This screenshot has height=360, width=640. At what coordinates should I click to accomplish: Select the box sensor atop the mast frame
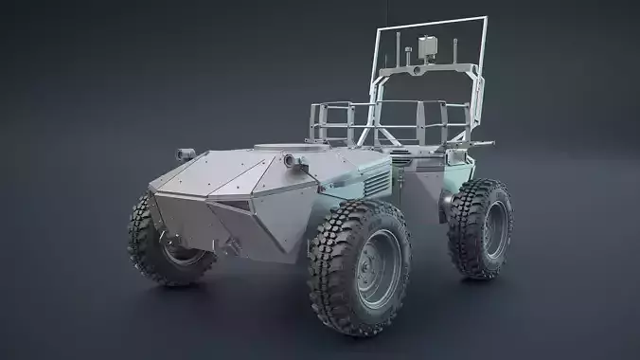pos(425,45)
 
